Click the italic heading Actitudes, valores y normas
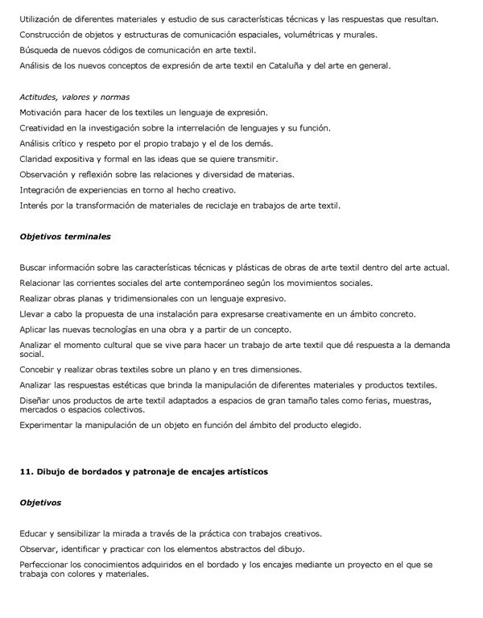click(74, 97)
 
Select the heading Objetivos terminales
click(65, 237)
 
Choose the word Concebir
click(39, 370)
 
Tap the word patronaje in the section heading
click(153, 471)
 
